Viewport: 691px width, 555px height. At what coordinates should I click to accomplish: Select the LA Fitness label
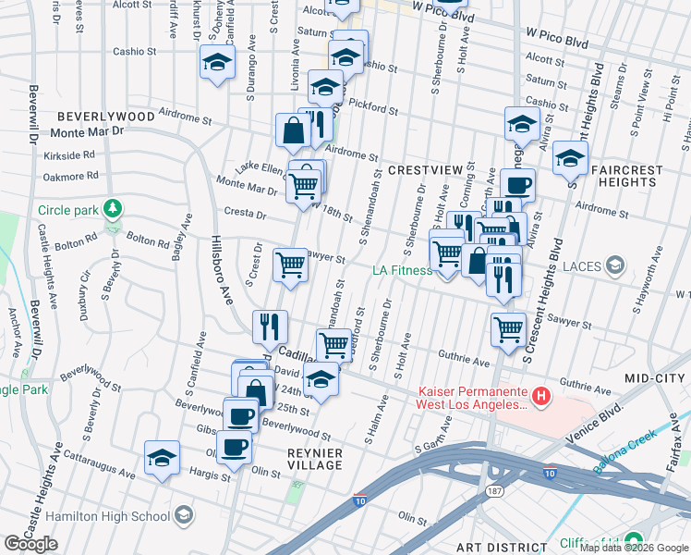[x=402, y=270]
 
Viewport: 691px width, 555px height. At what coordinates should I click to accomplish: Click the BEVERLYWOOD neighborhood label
[x=104, y=117]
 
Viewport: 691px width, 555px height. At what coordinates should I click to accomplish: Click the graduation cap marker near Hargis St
[x=163, y=458]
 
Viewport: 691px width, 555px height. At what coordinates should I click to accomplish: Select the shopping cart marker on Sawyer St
[x=291, y=265]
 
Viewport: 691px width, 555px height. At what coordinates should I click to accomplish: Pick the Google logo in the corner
[x=30, y=544]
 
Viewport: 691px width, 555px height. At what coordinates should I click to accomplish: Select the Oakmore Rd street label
[x=69, y=173]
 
